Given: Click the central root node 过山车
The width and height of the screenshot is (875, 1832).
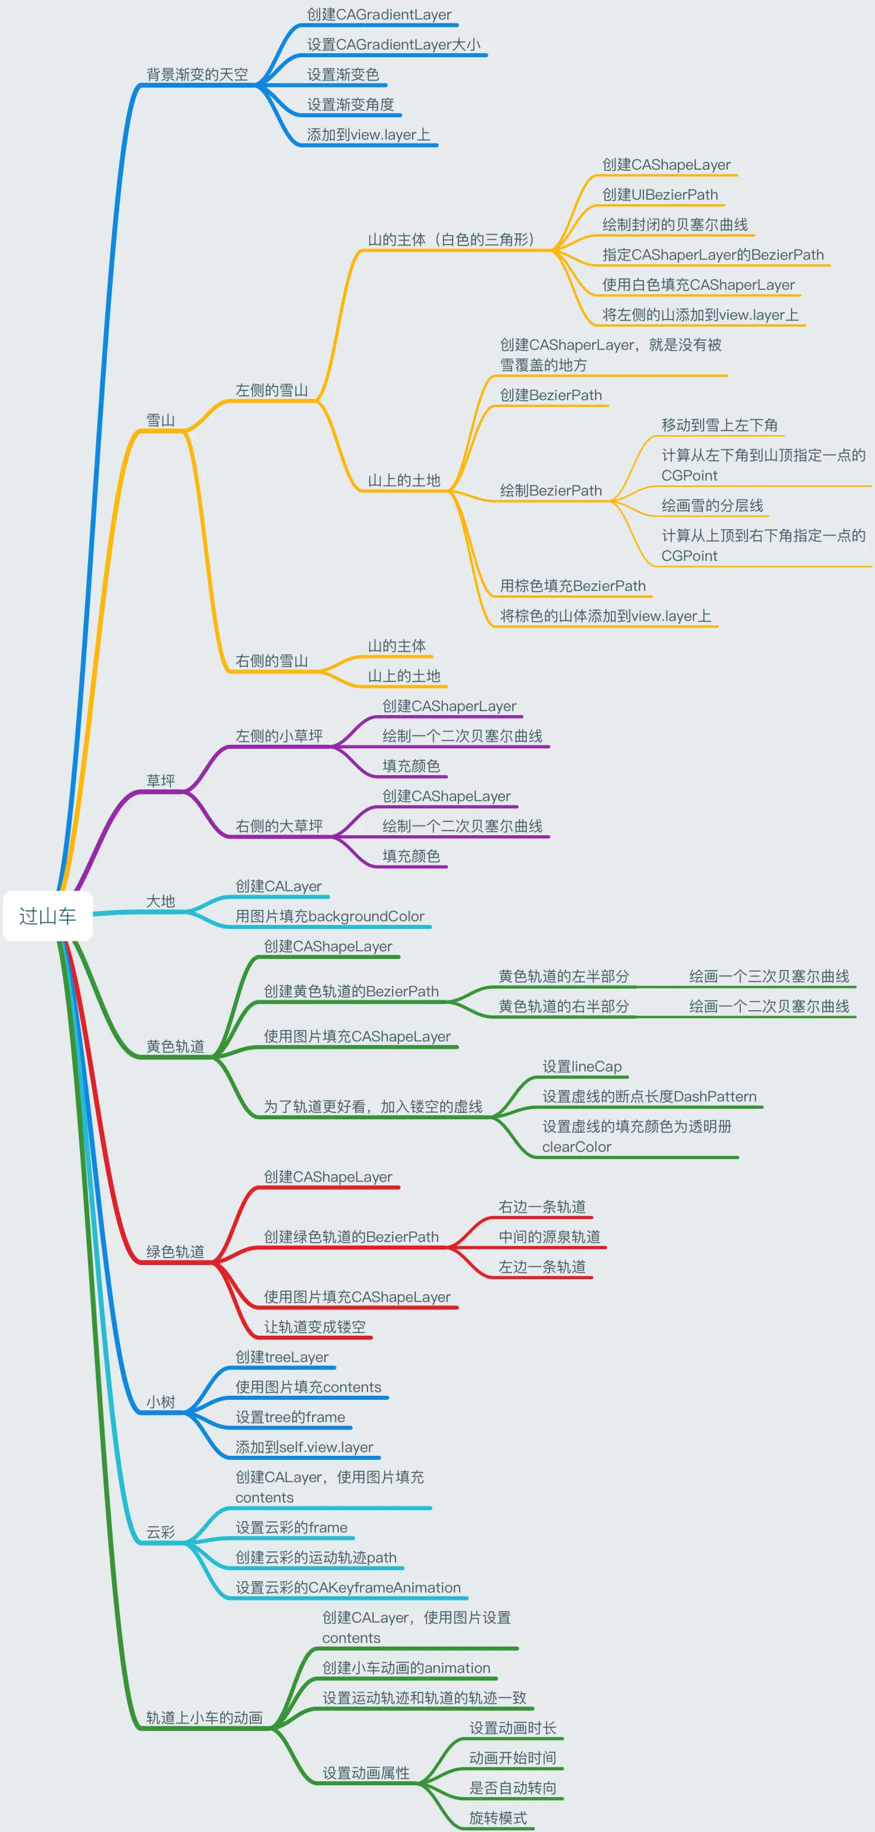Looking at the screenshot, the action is click(x=48, y=916).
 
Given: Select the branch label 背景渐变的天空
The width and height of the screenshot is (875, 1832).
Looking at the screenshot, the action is click(x=197, y=75).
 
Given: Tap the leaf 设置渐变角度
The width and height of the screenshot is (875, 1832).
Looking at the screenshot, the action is click(x=350, y=104).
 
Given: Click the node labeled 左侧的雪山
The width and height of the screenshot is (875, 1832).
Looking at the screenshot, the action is click(x=272, y=390).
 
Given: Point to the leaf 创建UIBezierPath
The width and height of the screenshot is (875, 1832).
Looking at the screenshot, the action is click(x=659, y=195).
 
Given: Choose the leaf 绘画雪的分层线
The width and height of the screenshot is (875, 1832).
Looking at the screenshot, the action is click(x=712, y=506).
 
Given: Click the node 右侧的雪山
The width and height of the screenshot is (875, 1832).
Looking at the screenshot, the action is click(x=272, y=661).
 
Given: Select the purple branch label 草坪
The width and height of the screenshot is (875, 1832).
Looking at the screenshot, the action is click(x=161, y=781).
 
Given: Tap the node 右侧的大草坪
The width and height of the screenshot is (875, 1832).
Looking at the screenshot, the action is click(x=279, y=826).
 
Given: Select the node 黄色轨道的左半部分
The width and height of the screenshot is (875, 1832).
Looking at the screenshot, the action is click(x=563, y=976).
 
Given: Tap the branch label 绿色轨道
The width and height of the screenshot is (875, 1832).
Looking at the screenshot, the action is click(x=175, y=1252).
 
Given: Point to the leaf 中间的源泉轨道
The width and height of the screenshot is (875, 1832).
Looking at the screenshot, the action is click(x=549, y=1236).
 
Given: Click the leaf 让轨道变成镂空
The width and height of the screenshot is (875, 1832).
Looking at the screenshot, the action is click(x=314, y=1327).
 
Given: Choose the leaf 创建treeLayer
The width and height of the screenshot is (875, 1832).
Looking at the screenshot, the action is click(x=282, y=1357).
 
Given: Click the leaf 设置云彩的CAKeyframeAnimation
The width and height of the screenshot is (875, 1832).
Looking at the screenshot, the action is click(x=348, y=1588).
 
